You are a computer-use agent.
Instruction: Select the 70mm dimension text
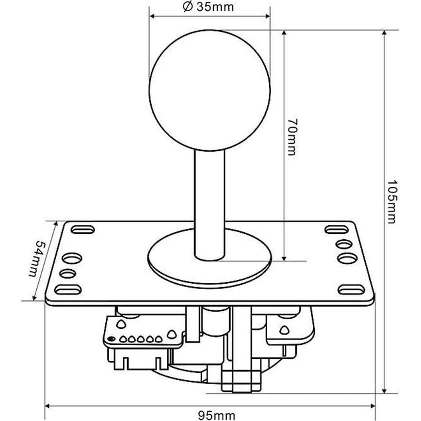coord(291,136)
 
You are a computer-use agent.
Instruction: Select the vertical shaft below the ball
coord(210,204)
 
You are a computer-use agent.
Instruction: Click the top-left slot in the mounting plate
coord(83,229)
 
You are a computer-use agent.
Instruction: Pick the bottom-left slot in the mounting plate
coord(67,290)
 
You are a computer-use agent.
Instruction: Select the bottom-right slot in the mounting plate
coord(351,290)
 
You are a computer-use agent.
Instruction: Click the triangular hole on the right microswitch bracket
coord(284,330)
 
